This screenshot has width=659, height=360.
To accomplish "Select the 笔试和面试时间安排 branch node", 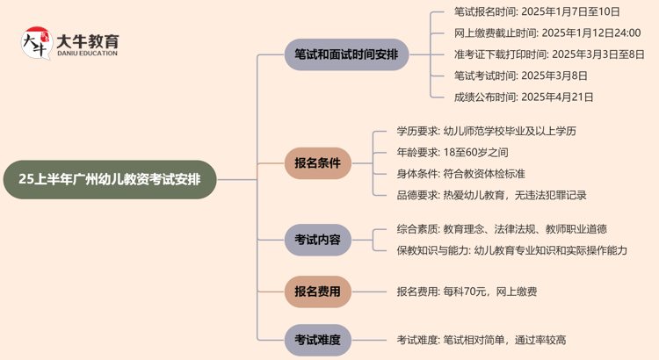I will tap(334, 54).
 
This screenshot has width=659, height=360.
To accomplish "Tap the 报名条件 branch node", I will tap(317, 162).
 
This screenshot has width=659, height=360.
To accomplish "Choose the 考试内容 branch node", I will tap(317, 238).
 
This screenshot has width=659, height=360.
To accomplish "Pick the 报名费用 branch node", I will tap(317, 291).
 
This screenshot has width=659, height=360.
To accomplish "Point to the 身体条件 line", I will tap(460, 173).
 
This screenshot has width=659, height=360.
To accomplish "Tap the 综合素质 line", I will tap(501, 229).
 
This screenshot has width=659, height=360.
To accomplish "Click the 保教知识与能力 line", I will tap(511, 250).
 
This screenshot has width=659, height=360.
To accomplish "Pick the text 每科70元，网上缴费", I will tap(492, 292).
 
